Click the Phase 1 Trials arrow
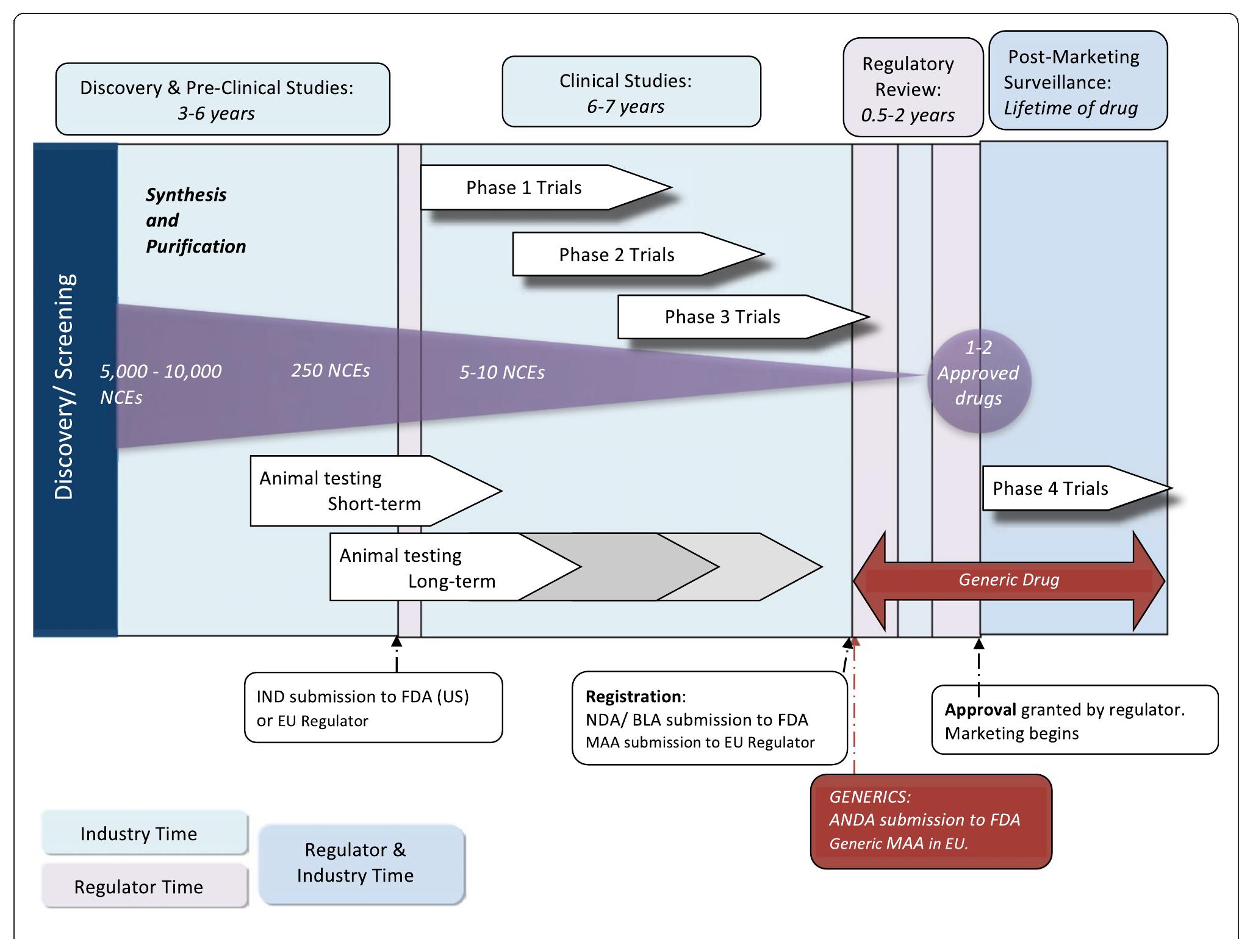tap(537, 188)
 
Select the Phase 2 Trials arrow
tap(628, 254)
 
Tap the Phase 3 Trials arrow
tap(732, 317)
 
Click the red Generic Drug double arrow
tap(1008, 580)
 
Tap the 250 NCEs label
tap(330, 370)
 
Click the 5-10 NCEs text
tap(501, 372)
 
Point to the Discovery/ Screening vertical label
tap(65, 387)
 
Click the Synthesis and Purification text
tap(195, 220)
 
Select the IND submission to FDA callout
tap(373, 708)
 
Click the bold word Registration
tap(633, 697)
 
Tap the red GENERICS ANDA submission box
tap(931, 821)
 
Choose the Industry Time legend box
tap(145, 833)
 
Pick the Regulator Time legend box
tap(145, 886)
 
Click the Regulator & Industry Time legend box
tap(361, 863)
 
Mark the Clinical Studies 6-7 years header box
tap(631, 93)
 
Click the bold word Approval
tap(980, 710)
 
